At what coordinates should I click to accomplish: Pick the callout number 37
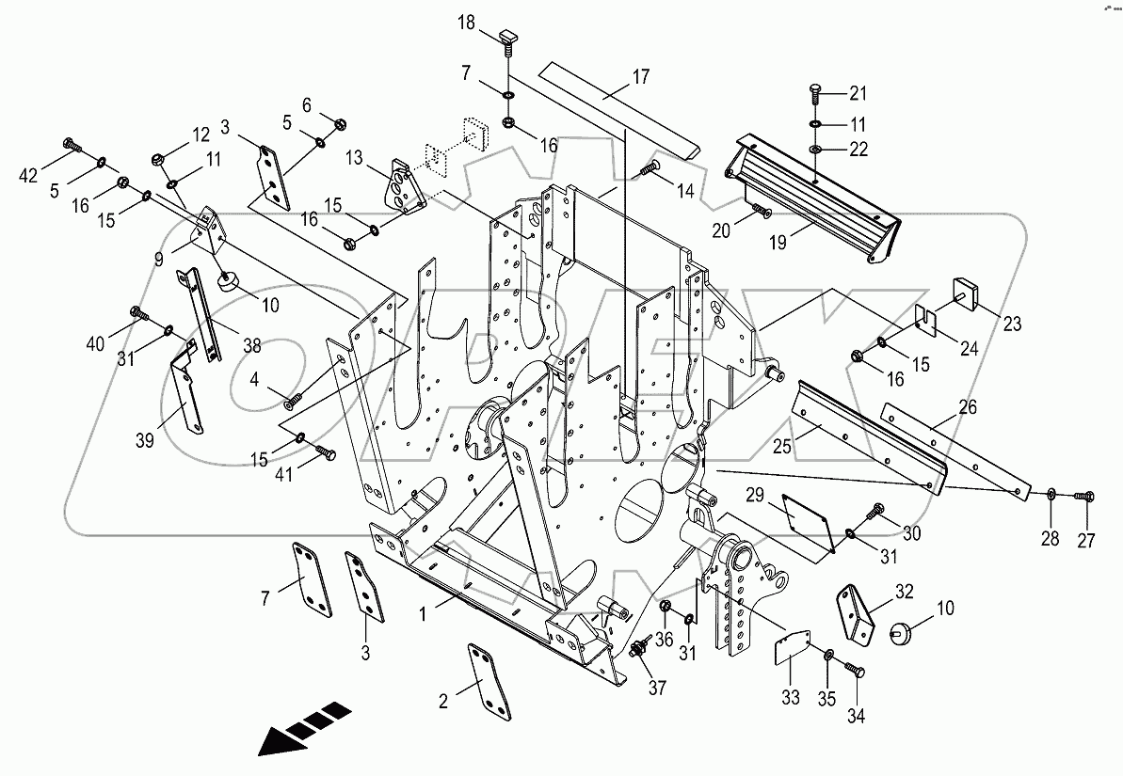[x=656, y=688]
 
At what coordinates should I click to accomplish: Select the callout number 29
[x=754, y=496]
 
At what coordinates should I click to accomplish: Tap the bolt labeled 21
[x=816, y=93]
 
